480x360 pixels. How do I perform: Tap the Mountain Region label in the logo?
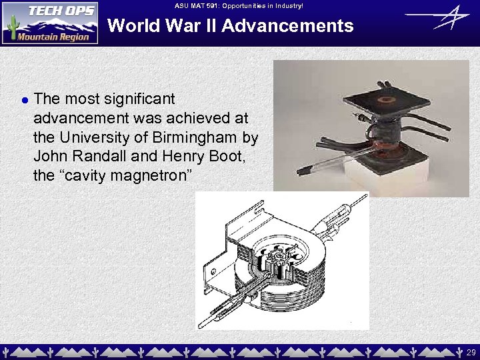pos(53,37)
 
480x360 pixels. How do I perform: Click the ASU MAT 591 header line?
pos(239,5)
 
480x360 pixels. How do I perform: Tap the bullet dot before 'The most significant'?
pos(24,100)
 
